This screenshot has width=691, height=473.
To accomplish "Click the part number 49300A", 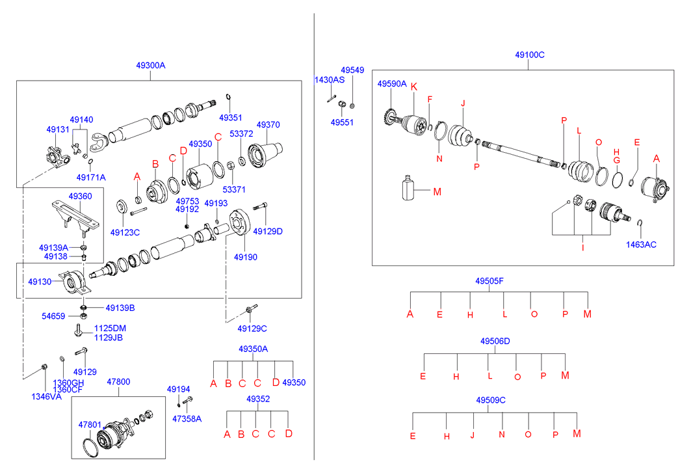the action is click(x=151, y=65).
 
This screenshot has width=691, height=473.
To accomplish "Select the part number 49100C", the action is click(x=530, y=55).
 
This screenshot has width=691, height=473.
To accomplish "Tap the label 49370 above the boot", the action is click(x=268, y=125).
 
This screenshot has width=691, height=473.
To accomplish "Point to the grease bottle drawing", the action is click(x=408, y=188).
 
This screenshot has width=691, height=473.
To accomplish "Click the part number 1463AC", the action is click(x=641, y=245).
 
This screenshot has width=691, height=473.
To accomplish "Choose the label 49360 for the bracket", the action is click(x=80, y=196).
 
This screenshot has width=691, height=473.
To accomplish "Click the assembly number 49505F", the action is click(x=489, y=281).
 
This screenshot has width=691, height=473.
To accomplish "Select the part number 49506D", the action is click(x=495, y=341).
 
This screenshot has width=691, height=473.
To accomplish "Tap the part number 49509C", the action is click(x=491, y=400).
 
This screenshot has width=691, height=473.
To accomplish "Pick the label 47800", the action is click(x=118, y=382).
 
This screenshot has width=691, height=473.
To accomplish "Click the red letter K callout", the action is click(x=414, y=87).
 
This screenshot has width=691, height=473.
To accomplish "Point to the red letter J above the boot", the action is click(x=463, y=103).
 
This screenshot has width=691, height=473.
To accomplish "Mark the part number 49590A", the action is click(x=392, y=84).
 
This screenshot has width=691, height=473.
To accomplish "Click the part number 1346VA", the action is click(x=46, y=397).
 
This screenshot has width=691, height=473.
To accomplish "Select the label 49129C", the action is click(x=252, y=329).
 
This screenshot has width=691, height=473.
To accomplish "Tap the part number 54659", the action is click(x=53, y=316).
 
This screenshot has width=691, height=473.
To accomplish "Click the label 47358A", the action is click(x=187, y=419).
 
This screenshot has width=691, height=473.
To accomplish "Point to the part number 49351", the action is click(x=231, y=118).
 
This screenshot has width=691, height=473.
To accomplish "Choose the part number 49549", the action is click(x=352, y=70).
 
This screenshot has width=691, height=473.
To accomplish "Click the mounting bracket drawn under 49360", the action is click(x=75, y=217).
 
